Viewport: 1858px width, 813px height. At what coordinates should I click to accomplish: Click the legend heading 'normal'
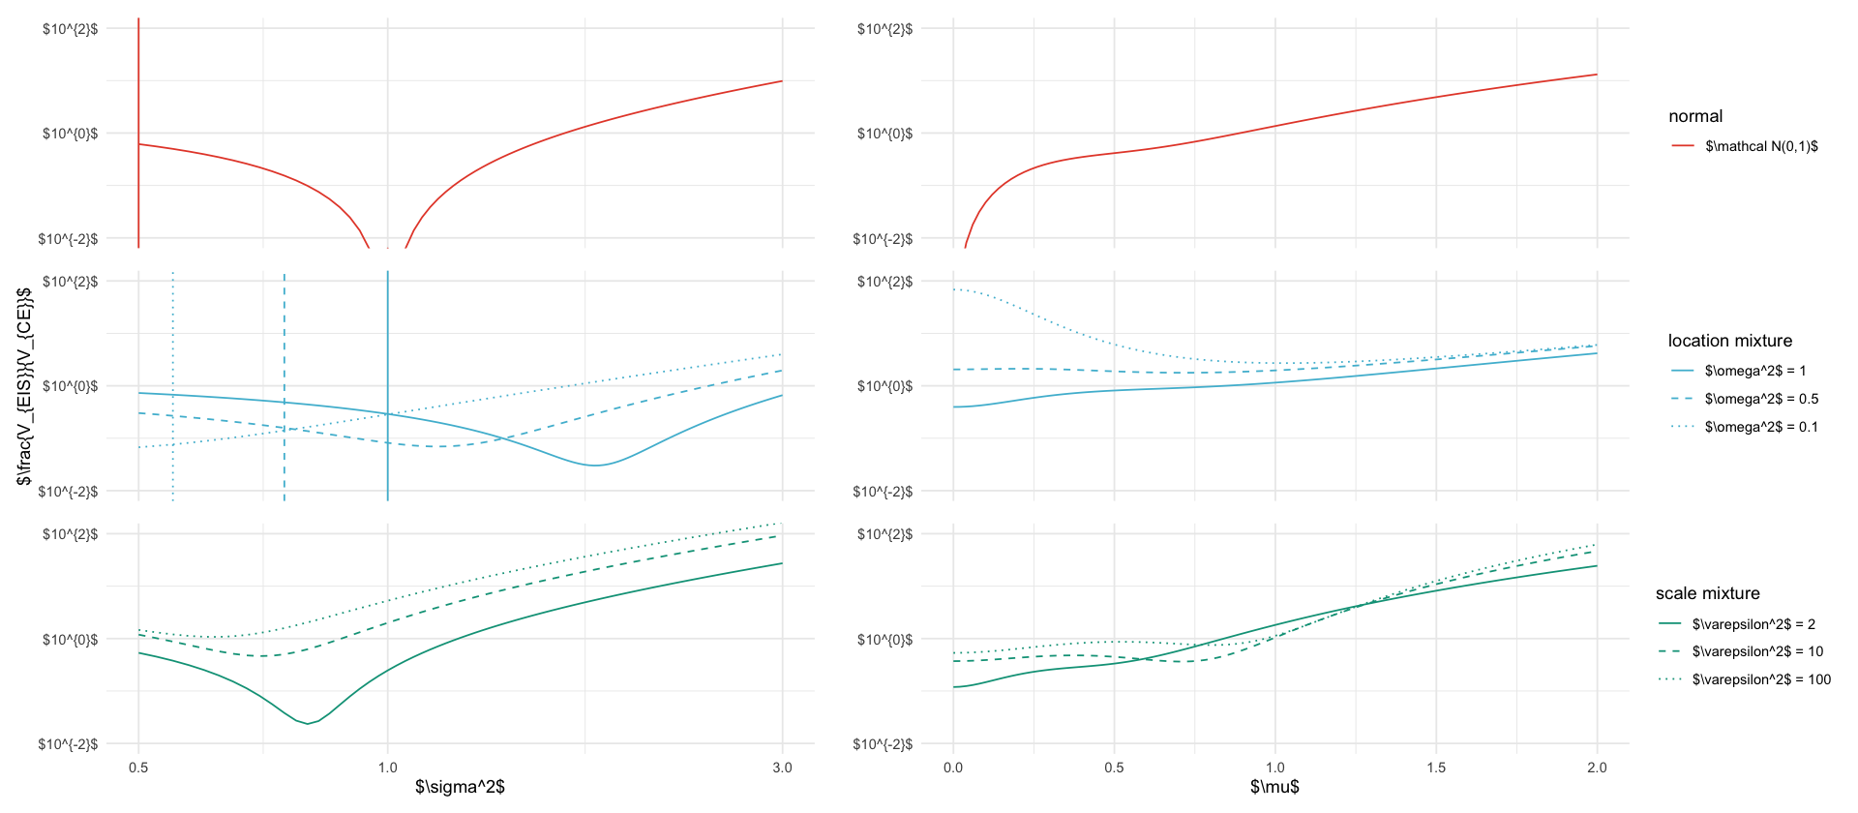coord(1695,116)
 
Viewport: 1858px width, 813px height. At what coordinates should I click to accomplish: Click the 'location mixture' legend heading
coord(1729,341)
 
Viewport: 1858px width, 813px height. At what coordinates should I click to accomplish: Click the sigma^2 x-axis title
coord(460,787)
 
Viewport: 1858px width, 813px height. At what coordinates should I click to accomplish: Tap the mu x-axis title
coord(1274,787)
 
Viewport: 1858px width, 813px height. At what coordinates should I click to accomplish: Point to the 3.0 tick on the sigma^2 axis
coord(782,768)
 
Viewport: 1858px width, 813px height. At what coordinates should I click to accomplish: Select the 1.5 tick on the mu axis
coord(1436,768)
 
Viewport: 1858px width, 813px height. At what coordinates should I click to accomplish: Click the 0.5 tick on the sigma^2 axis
coord(138,768)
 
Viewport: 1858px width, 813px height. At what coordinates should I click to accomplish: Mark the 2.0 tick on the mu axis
coord(1597,768)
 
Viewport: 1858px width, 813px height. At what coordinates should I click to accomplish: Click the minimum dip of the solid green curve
coord(308,723)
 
